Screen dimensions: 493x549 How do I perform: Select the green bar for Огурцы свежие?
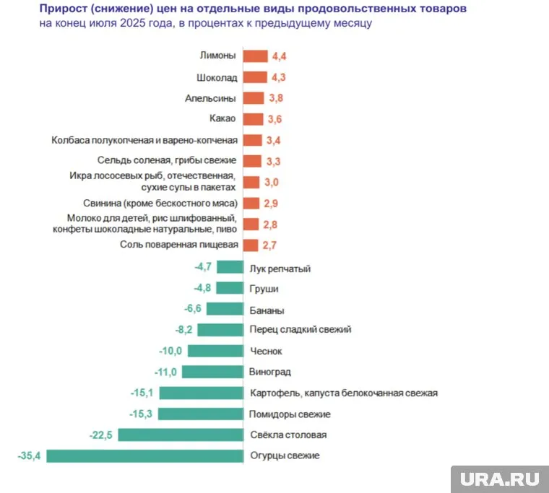click(144, 455)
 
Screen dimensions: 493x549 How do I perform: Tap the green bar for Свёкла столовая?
click(181, 435)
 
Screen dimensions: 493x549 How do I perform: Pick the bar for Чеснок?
click(215, 351)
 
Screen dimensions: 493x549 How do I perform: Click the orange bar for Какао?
click(254, 119)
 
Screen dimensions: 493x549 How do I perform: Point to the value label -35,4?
click(30, 455)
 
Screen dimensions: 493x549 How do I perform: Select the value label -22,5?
click(102, 435)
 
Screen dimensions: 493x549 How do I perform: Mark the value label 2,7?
click(269, 245)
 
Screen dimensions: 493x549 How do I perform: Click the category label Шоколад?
click(217, 77)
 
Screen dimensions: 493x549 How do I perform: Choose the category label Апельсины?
click(211, 98)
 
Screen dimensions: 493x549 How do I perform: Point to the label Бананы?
click(267, 310)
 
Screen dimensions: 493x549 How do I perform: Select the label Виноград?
click(270, 372)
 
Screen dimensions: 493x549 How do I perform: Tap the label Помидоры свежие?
click(290, 414)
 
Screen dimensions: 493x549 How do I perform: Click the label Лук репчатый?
click(280, 269)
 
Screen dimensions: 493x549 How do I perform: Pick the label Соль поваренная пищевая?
click(178, 245)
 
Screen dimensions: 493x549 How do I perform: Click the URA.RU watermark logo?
click(499, 478)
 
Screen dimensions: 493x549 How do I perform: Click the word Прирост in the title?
click(66, 9)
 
